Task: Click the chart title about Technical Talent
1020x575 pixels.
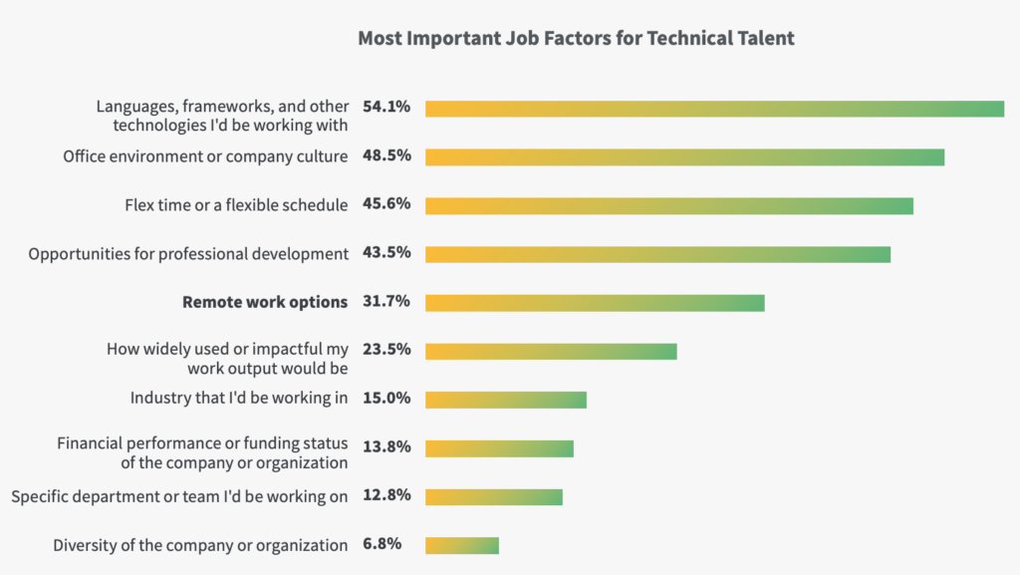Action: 576,39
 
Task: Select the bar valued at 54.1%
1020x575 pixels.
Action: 714,109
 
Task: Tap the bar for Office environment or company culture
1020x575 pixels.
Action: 684,157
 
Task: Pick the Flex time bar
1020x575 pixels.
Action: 669,206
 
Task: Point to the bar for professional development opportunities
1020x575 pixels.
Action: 657,254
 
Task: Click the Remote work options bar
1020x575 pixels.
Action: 595,303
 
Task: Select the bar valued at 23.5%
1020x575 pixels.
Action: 551,351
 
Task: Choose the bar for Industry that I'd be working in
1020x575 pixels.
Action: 506,400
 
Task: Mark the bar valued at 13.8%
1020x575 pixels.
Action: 499,448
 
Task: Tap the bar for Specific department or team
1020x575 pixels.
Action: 494,496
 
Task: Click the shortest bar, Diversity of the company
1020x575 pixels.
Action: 462,545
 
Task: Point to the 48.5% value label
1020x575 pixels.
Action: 387,156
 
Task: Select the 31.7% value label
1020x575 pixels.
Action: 387,302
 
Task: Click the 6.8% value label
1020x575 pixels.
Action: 382,544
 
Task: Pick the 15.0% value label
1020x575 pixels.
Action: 387,399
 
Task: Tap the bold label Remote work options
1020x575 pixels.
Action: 265,302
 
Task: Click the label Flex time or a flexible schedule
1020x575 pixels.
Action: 236,205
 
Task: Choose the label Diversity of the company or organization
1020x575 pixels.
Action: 200,545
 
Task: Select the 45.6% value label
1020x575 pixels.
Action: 387,204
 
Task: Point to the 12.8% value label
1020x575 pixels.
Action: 387,495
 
